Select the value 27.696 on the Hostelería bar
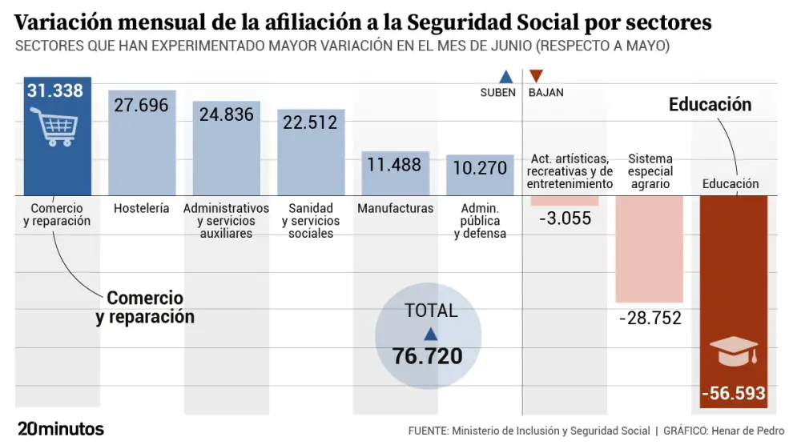141,105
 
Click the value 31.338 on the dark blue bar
55,90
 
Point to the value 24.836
227,114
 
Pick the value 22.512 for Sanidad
311,122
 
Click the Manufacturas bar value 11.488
394,165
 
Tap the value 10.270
480,168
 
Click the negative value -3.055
564,218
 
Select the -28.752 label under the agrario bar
650,318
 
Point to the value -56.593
733,394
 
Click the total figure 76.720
428,356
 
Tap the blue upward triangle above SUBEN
505,77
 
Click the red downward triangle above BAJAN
537,76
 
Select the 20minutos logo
60,429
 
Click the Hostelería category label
141,208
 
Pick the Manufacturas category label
395,208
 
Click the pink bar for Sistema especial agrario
649,248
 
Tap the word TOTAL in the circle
431,311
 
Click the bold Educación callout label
710,104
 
